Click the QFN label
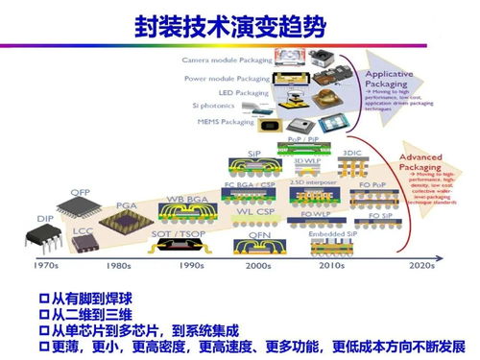click(x=258, y=233)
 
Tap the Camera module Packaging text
click(x=226, y=60)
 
